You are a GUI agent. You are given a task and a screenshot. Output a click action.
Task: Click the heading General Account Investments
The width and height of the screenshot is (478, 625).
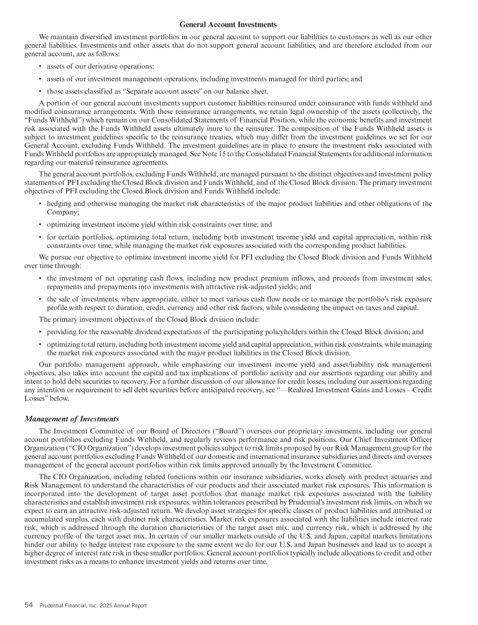point(228,24)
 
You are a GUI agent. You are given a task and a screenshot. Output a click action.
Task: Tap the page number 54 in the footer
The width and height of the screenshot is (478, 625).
point(29,604)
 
